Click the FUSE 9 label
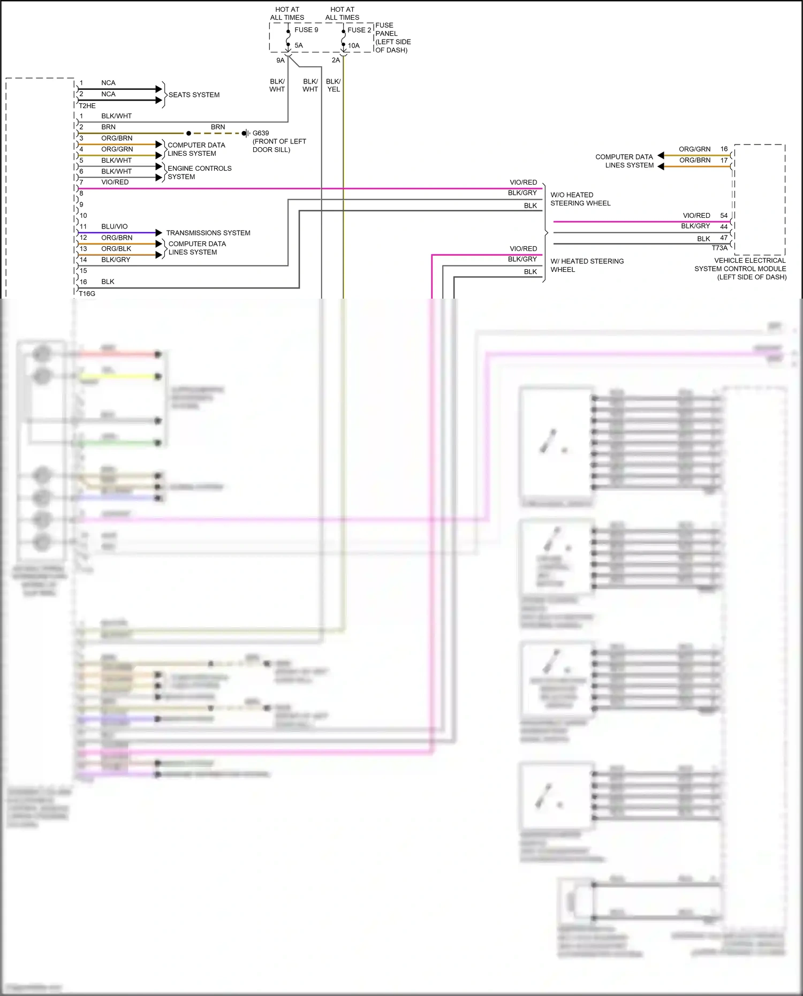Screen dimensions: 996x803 coord(306,30)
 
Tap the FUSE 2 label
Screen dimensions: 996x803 coord(359,30)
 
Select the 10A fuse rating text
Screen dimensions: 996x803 coord(354,46)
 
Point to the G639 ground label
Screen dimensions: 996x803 coord(261,133)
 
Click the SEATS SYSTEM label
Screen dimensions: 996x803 coord(194,95)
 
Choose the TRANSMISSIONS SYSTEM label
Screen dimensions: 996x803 coord(208,233)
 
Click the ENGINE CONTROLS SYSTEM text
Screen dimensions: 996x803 coord(199,172)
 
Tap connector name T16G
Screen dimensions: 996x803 coord(87,294)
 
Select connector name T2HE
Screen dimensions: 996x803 coord(87,106)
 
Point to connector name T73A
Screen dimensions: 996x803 coord(719,248)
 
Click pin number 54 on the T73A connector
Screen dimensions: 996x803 coord(724,216)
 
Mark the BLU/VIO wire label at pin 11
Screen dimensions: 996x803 coord(115,226)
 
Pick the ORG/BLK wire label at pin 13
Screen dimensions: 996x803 coord(116,249)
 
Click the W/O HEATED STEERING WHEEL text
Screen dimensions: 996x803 coord(580,199)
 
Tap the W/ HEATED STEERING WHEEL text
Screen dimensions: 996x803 coord(587,265)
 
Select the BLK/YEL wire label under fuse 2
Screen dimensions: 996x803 coord(334,86)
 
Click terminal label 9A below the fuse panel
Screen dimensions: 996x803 coord(281,60)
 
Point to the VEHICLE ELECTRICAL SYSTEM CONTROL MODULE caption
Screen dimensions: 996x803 coord(741,269)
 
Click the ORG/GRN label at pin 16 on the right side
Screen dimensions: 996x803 coord(694,149)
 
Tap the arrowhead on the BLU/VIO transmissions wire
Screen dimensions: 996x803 coord(159,233)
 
